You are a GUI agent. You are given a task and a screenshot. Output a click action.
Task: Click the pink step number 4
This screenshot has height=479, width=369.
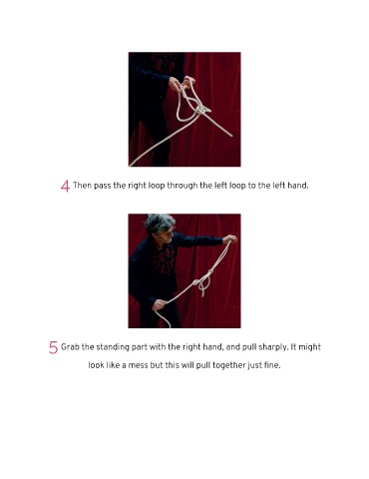tap(65, 186)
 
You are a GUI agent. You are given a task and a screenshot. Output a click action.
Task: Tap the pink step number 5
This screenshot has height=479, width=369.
tap(53, 347)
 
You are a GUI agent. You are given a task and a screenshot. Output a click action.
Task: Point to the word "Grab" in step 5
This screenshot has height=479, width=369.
tap(70, 347)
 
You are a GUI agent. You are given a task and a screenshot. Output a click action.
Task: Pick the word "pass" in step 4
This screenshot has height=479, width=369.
tap(102, 186)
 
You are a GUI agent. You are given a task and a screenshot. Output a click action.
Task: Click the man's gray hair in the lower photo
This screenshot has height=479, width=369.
tap(160, 223)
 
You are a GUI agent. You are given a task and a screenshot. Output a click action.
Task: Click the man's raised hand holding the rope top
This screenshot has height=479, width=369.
tap(230, 239)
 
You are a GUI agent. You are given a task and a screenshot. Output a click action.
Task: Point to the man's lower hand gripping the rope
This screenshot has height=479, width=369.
tap(160, 304)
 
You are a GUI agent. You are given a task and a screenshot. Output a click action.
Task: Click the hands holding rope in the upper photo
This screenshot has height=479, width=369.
tap(182, 84)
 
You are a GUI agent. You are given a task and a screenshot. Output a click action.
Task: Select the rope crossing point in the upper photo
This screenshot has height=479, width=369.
tap(200, 110)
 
